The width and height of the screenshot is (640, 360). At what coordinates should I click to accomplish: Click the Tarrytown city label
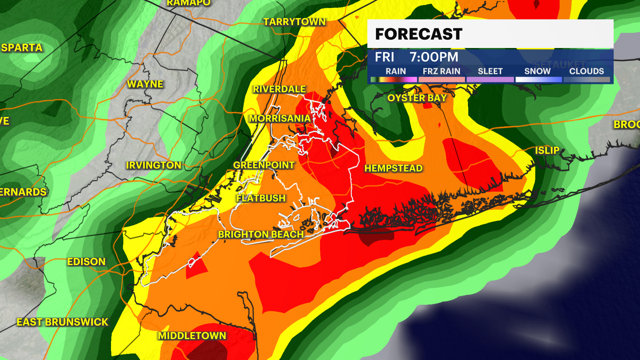(294, 22)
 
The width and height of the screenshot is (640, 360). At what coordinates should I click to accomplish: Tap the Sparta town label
(22, 48)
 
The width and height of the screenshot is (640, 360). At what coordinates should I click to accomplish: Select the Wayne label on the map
(145, 84)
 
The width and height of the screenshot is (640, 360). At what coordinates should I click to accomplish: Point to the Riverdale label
(279, 89)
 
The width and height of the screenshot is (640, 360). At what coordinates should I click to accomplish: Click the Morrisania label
(280, 118)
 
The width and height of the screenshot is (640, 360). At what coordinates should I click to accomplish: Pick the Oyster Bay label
(417, 98)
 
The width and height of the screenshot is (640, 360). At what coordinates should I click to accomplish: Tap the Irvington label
(153, 165)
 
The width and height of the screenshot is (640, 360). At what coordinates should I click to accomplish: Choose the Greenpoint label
(264, 165)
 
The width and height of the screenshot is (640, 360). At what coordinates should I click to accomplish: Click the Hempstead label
(393, 168)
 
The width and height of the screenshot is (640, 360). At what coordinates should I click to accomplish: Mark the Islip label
(547, 151)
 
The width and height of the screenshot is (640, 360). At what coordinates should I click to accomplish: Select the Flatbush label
(261, 198)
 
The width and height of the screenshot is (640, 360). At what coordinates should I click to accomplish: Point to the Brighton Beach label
(261, 234)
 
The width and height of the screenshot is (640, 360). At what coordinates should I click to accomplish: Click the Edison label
(86, 262)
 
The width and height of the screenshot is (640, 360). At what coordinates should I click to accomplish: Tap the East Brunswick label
(62, 322)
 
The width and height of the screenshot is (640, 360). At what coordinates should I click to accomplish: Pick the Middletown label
(192, 336)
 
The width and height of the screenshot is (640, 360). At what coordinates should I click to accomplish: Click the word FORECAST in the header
(419, 34)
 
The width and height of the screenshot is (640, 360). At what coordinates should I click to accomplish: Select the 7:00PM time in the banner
(434, 57)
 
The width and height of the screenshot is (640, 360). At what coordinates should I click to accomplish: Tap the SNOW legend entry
(537, 71)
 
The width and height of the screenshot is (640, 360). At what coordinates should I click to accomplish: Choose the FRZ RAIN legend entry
(441, 71)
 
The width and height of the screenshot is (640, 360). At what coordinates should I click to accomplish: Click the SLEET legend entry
(490, 71)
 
